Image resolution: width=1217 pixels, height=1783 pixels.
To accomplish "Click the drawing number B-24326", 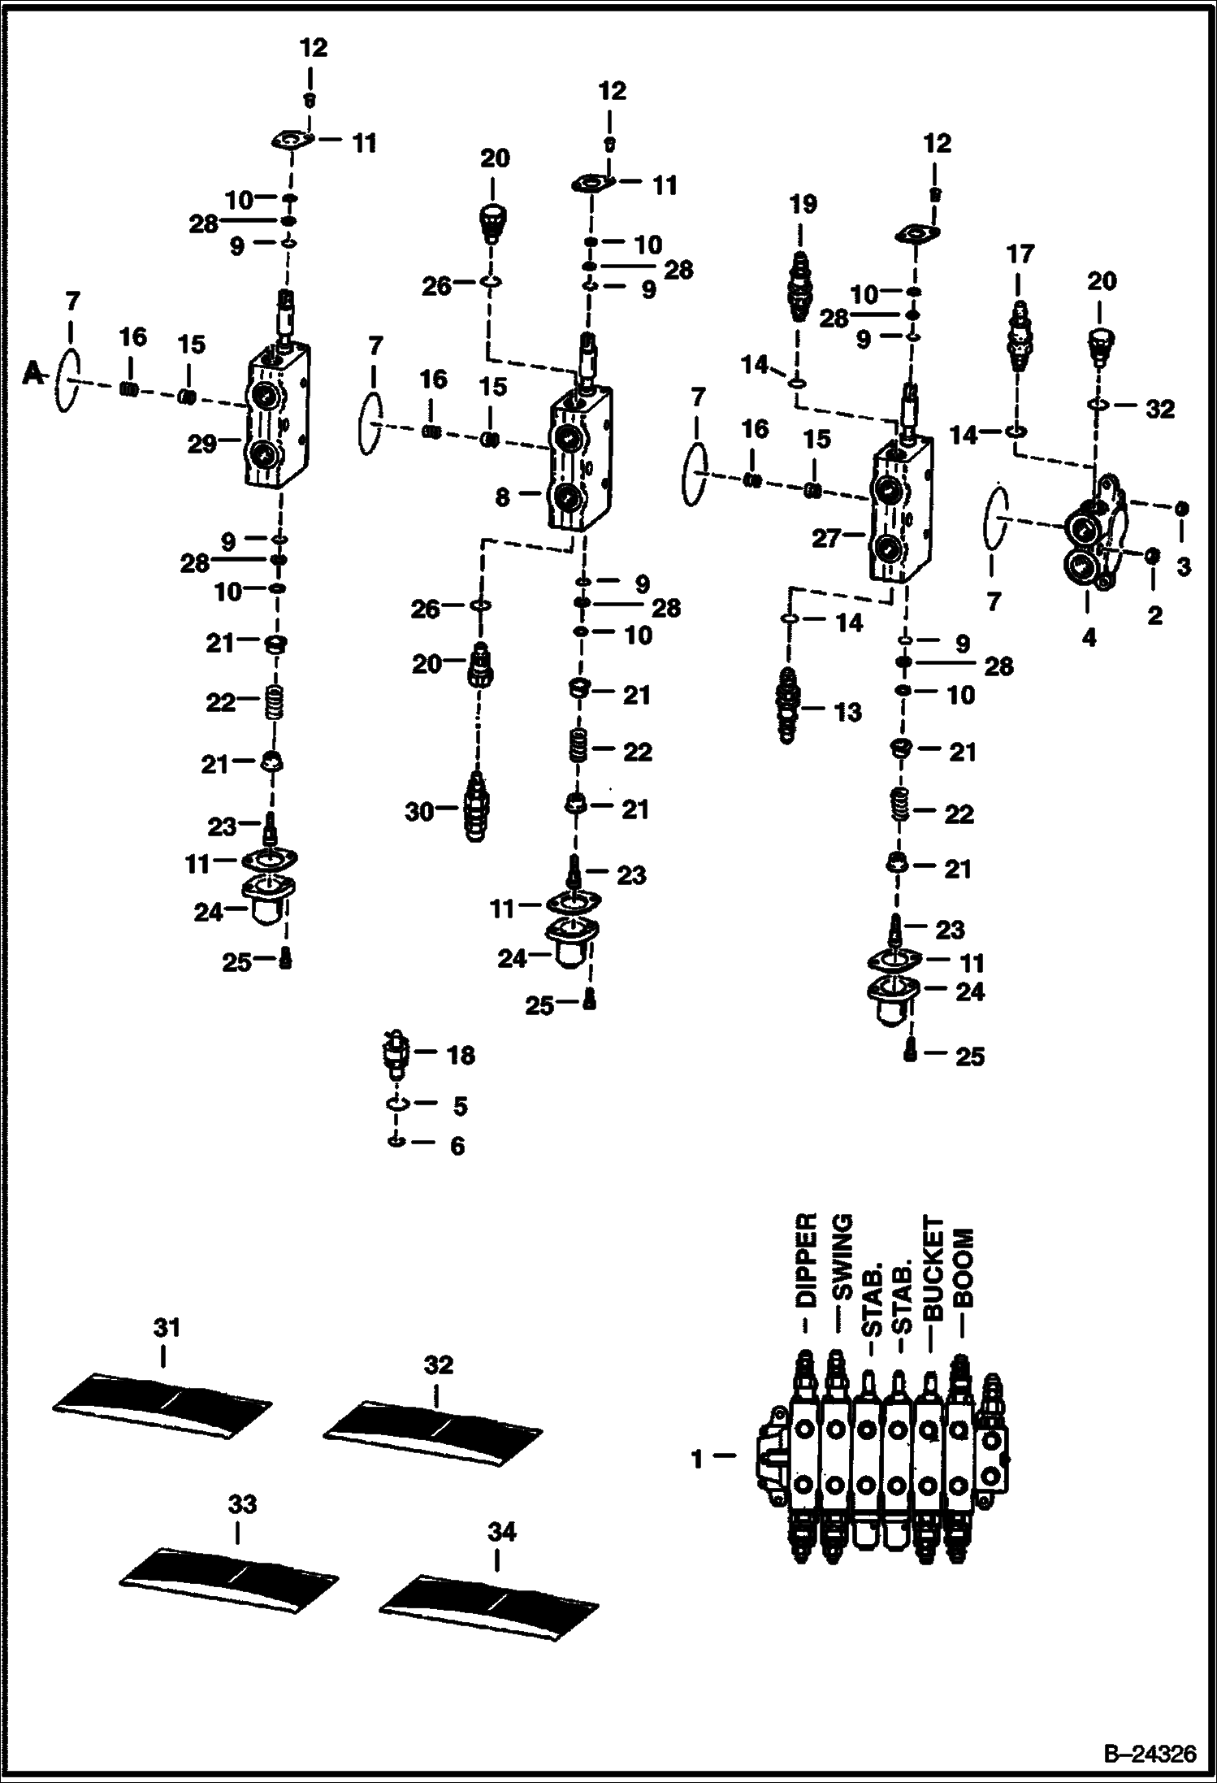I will click(1149, 1752).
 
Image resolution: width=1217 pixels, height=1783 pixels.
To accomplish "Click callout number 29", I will click(201, 443).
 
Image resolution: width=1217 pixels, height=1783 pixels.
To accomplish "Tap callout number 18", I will click(461, 1055).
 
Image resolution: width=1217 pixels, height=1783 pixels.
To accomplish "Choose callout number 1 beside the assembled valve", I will click(696, 1458).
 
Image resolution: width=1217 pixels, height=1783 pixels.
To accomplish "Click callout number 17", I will click(1020, 254).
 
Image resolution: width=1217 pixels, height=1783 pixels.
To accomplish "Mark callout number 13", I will click(848, 712).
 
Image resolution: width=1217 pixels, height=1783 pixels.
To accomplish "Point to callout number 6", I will click(457, 1145).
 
